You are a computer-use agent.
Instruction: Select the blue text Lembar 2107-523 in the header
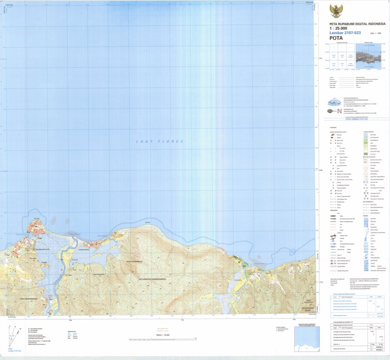345,33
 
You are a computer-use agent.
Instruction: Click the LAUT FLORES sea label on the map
159,141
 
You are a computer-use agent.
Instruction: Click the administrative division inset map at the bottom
306,339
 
